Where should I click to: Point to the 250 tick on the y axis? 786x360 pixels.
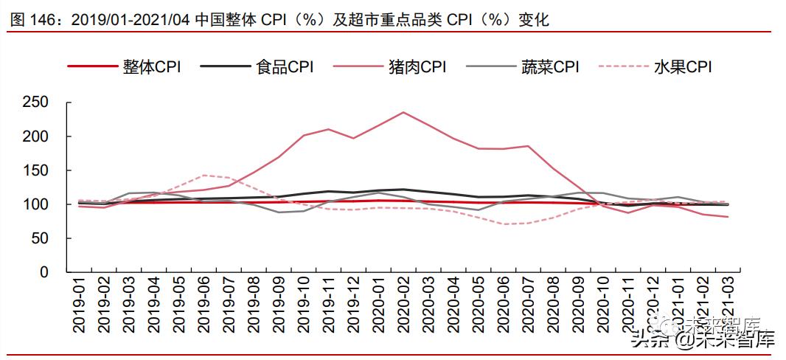point(36,103)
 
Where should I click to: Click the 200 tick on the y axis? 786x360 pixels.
point(36,136)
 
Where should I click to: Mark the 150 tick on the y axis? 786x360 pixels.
point(36,170)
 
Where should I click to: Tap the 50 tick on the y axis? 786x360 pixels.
point(41,238)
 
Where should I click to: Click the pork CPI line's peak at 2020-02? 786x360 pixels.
point(403,112)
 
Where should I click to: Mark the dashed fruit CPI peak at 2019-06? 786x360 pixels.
point(204,175)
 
